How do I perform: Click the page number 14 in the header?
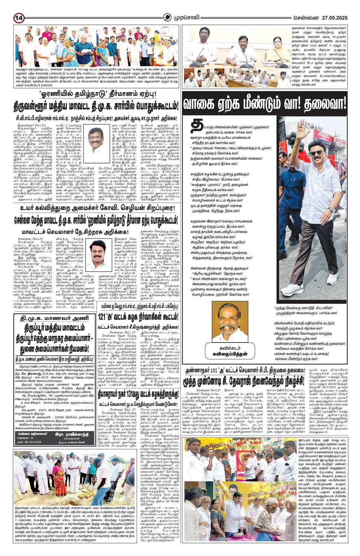pos(19,18)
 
